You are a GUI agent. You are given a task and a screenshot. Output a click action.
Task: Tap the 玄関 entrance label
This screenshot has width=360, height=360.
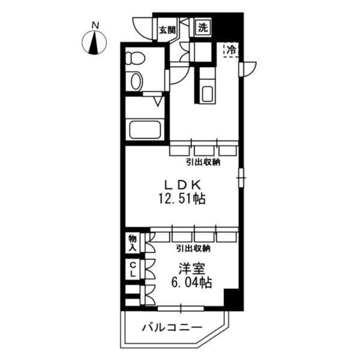(x=167, y=30)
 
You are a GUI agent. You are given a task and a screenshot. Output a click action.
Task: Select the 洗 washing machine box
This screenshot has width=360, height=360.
(x=203, y=28)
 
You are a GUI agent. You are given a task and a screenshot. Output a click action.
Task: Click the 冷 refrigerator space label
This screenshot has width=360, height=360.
(x=231, y=50)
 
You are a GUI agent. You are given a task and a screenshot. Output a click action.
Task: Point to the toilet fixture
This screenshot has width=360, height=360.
(x=136, y=58)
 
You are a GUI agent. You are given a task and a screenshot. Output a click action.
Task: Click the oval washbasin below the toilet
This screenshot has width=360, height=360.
(x=136, y=81)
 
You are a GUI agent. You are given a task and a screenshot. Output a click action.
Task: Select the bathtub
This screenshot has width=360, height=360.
(x=145, y=129)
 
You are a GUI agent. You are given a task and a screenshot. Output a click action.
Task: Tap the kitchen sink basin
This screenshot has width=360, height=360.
(x=208, y=94)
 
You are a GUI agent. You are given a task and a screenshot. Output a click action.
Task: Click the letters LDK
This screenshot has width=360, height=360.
(x=183, y=184)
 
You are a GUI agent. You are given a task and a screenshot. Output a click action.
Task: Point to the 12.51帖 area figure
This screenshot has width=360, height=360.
(x=182, y=199)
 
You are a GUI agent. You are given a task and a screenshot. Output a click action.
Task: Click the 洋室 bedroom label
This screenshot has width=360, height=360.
(x=192, y=269)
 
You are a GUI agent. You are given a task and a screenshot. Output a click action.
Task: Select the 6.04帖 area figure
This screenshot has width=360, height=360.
(x=191, y=283)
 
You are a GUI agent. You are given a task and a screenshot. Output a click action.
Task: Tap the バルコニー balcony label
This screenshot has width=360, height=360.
(x=172, y=328)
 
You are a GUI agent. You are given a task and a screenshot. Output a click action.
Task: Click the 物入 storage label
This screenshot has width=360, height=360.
(x=133, y=243)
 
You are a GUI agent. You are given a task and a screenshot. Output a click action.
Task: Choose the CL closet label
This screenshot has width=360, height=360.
(x=133, y=269)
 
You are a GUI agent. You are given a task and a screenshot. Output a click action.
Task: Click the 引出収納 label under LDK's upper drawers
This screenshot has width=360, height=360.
(x=203, y=163)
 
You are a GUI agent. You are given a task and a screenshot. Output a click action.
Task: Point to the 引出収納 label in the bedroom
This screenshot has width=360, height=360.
(x=193, y=248)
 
